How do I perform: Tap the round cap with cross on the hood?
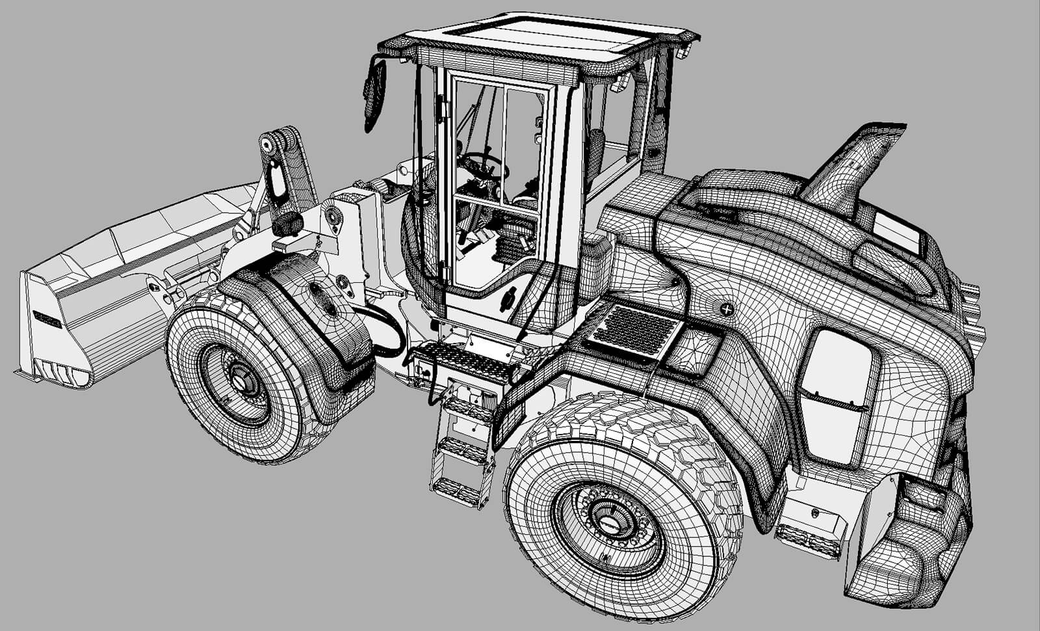point(727,309)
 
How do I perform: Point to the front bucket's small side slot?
point(47,319)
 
